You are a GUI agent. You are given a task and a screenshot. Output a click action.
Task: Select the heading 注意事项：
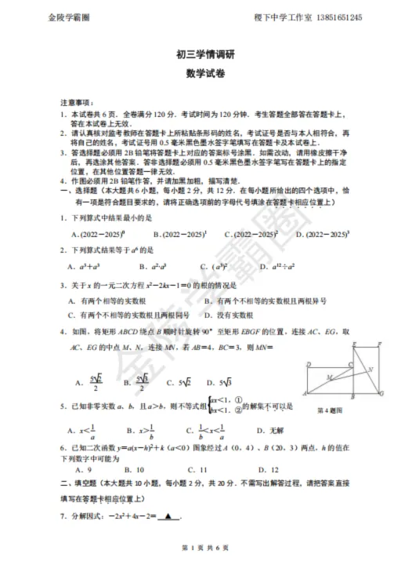point(78,103)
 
